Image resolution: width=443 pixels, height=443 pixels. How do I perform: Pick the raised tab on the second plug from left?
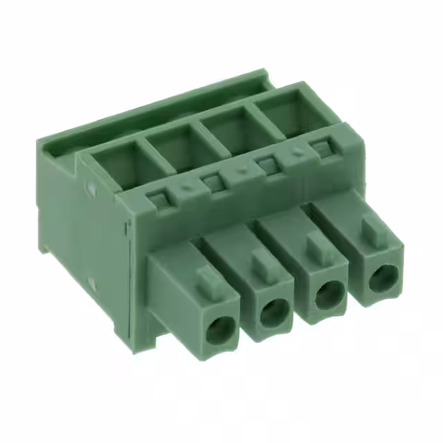click(262, 261)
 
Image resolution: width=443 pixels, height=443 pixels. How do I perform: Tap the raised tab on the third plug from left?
click(318, 244)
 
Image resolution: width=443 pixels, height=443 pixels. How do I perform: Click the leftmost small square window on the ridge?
click(159, 201)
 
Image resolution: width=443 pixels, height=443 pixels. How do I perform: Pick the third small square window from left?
click(266, 165)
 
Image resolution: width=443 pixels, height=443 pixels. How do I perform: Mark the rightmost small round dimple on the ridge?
click(297, 153)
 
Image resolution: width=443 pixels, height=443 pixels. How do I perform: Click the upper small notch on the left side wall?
click(93, 186)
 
